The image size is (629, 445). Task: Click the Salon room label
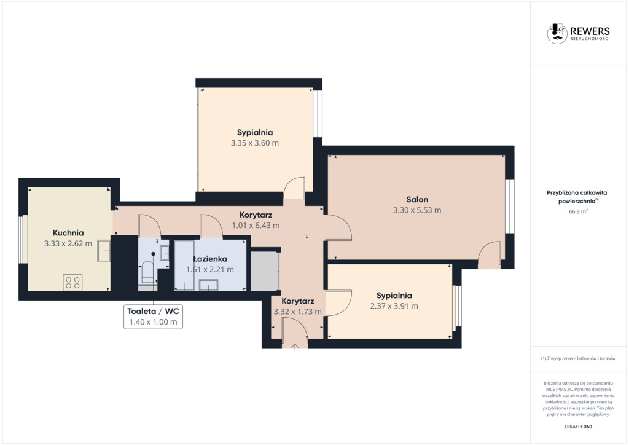coord(417,199)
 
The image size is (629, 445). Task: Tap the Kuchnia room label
coord(68,233)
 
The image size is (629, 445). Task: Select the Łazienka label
coord(210,259)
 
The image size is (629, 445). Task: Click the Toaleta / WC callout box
coord(153,317)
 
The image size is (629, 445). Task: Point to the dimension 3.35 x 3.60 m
coord(255,143)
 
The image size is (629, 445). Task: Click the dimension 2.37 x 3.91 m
coord(394,306)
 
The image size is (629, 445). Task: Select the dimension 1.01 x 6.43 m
coord(256,226)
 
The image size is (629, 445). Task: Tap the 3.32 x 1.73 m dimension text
coord(298,312)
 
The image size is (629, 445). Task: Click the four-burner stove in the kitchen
coord(72,283)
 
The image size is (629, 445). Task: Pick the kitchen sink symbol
coord(104,251)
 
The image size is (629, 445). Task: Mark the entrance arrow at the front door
coord(295,347)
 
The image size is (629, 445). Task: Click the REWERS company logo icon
coord(557,33)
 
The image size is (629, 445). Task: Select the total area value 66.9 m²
coord(578,211)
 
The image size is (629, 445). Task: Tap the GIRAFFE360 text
coord(578,427)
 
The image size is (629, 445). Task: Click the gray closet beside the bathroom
coord(264,270)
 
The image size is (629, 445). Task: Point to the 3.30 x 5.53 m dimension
coord(417,210)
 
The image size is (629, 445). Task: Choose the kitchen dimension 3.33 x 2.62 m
coord(68,243)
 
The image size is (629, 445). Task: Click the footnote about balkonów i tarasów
coord(578,358)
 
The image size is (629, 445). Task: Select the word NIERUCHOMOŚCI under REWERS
coord(590,39)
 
